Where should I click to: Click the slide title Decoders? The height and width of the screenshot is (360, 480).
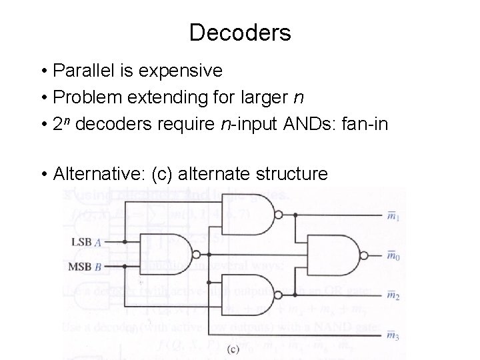point(240,32)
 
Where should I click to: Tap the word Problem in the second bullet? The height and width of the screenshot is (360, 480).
point(82,98)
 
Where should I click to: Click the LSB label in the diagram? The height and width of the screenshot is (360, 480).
point(81,245)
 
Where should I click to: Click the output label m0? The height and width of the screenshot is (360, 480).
point(394,256)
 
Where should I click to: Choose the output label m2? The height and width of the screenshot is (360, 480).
point(394,295)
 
